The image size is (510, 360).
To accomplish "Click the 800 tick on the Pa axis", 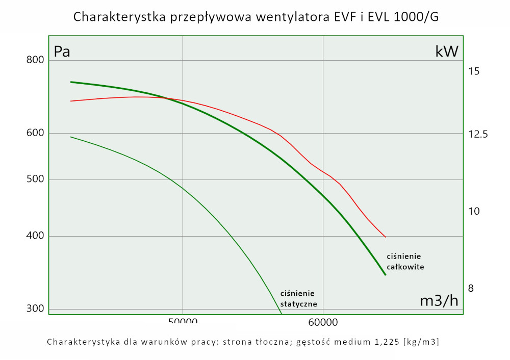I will coord(35,60).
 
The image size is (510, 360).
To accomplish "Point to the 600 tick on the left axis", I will coord(35,133).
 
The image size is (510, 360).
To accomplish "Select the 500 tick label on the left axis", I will coord(35,179).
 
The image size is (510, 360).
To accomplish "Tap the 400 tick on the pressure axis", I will coord(35,236).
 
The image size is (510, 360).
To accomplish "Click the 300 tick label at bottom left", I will coord(35,308).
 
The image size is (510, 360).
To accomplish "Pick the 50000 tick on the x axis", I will coord(183,322).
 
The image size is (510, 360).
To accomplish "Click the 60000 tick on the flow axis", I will coord(323,322).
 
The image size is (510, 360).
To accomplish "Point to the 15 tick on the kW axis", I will coord(474,71).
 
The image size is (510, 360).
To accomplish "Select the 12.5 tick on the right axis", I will coord(478,135).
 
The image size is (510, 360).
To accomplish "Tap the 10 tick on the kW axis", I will coord(474,211).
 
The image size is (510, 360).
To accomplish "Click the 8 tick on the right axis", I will coord(471,288).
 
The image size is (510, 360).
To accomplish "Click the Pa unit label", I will coord(62,52).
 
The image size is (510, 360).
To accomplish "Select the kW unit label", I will coord(447,51).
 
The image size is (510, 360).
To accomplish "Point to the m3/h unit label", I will coord(439,301).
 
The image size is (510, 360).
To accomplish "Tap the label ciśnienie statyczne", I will coord(299,298).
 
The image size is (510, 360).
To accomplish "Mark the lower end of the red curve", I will coord(386,237).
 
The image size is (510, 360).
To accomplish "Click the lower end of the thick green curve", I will coord(385,275).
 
